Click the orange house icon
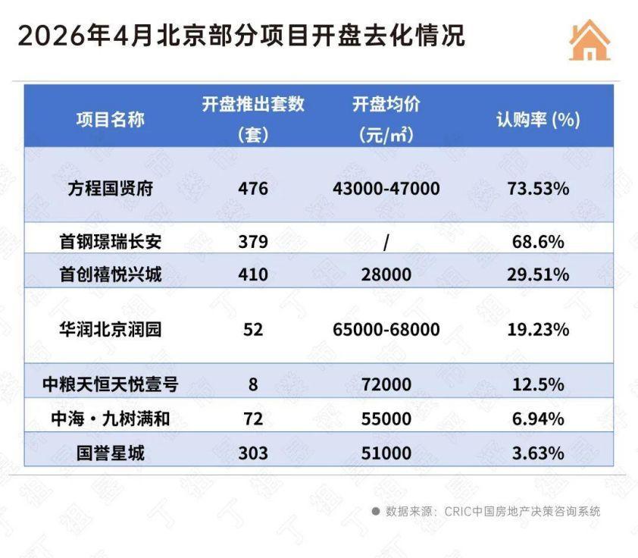point(590,40)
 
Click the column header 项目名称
point(111,120)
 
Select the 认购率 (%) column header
point(538,120)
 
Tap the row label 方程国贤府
point(111,189)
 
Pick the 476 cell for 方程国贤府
point(253,189)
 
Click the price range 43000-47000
point(386,189)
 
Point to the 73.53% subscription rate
point(538,189)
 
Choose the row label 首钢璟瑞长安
point(111,242)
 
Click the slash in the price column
point(386,243)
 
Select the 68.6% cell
point(538,242)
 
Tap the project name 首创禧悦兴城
point(111,274)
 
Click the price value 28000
point(386,274)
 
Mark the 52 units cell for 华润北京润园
point(253,330)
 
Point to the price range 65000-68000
point(386,330)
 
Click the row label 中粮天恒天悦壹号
point(111,384)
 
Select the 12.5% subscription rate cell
point(538,384)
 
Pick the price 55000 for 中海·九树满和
point(386,419)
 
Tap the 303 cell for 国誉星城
point(253,453)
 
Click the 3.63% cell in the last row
point(538,453)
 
